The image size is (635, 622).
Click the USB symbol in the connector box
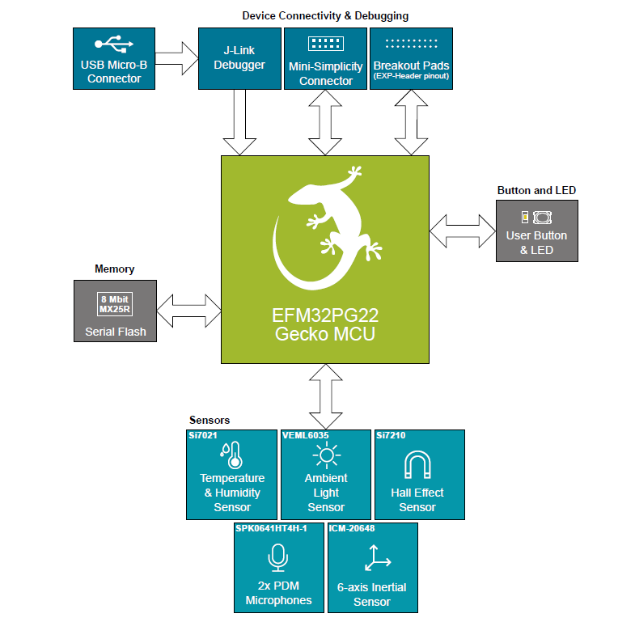coord(113,44)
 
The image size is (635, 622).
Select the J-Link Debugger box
coord(239,58)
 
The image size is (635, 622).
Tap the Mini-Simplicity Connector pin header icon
coord(326,43)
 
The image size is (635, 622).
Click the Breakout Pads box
coord(411,58)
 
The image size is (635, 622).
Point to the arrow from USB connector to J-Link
coord(176,58)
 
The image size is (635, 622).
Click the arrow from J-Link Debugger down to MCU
coord(239,121)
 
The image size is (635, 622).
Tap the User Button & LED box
coord(536,231)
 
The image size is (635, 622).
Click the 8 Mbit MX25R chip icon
coord(114,303)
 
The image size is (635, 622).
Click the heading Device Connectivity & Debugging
coord(325,15)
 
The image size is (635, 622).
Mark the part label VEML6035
coord(306,435)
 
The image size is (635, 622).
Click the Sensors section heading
coord(209,420)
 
